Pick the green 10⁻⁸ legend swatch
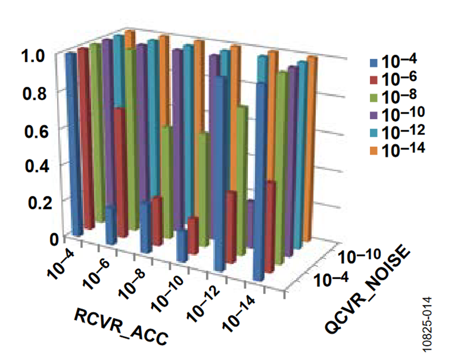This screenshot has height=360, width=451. point(373,97)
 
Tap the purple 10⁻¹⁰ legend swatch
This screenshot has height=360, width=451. point(373,114)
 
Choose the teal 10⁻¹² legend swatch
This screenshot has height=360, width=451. point(373,131)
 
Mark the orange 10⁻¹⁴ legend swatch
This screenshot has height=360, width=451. point(373,148)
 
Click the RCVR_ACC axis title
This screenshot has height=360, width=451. point(120,325)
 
